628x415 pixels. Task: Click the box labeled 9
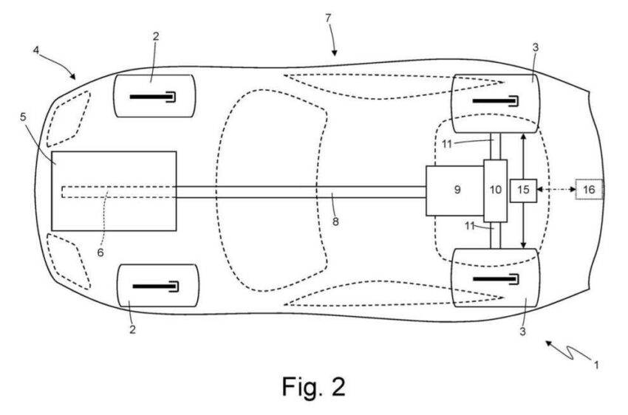coord(455,191)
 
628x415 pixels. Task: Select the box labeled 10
coord(496,191)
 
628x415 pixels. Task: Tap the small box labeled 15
coord(523,191)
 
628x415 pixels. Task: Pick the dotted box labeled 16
coord(589,189)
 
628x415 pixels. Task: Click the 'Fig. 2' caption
coord(313,387)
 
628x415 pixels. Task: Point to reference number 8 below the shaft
coord(335,222)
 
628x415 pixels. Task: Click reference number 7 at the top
coord(329,18)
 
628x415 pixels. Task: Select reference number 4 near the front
coord(36,50)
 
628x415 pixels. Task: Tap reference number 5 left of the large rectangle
coord(23,117)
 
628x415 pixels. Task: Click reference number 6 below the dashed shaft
coord(100,253)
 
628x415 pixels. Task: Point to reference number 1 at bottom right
coord(596,365)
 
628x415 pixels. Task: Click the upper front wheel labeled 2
coord(154,96)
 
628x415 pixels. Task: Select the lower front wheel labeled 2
coord(158,286)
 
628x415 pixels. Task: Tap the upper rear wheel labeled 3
coord(496,103)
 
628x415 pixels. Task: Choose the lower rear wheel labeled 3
coord(496,278)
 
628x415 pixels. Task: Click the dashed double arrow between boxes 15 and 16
coord(556,189)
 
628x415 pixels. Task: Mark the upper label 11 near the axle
coord(447,144)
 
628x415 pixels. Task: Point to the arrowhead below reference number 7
coord(335,53)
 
